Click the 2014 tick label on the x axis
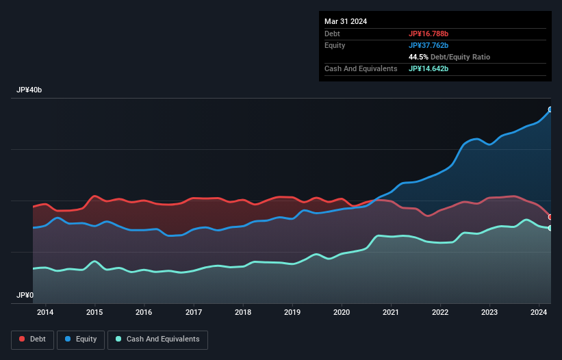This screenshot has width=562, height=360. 45,313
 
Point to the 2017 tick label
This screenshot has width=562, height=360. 194,313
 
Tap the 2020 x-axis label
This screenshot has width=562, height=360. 342,313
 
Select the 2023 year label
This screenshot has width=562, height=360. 489,313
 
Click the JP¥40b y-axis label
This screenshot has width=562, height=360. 29,90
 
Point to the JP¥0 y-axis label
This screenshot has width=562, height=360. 25,295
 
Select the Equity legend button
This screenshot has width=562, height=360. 81,339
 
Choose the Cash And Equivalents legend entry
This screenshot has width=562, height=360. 157,339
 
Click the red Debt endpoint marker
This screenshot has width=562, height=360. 550,217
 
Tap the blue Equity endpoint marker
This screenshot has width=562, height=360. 550,110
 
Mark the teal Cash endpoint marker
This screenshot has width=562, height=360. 550,228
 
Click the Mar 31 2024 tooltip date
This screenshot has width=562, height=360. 346,21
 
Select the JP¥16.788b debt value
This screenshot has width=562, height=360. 429,34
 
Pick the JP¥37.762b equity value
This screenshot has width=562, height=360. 429,45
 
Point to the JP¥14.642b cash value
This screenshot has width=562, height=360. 429,68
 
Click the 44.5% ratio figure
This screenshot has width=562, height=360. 418,57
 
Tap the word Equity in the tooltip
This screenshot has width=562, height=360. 335,45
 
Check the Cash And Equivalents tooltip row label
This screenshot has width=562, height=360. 361,68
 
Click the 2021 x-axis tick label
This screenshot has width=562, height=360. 391,313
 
